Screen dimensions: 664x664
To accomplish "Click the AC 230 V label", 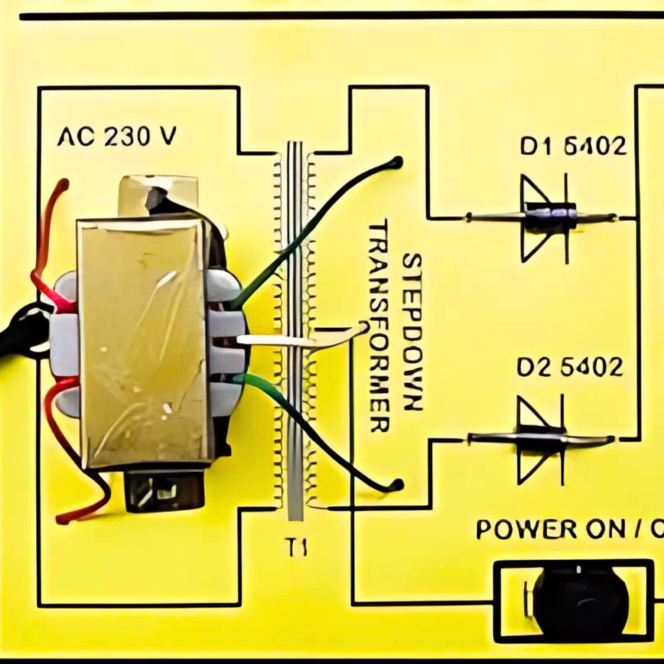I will click(117, 136).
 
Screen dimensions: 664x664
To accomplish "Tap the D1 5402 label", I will click(573, 147).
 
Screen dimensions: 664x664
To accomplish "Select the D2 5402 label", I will click(570, 367).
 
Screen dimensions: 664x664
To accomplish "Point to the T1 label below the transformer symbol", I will click(296, 548).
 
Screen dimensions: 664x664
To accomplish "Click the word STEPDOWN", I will click(412, 331).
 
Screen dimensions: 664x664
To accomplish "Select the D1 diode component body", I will click(550, 217).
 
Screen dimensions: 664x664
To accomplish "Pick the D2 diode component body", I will click(541, 438).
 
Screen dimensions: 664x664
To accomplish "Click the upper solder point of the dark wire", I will click(395, 162).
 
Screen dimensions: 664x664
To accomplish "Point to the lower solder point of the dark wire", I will click(395, 484).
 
